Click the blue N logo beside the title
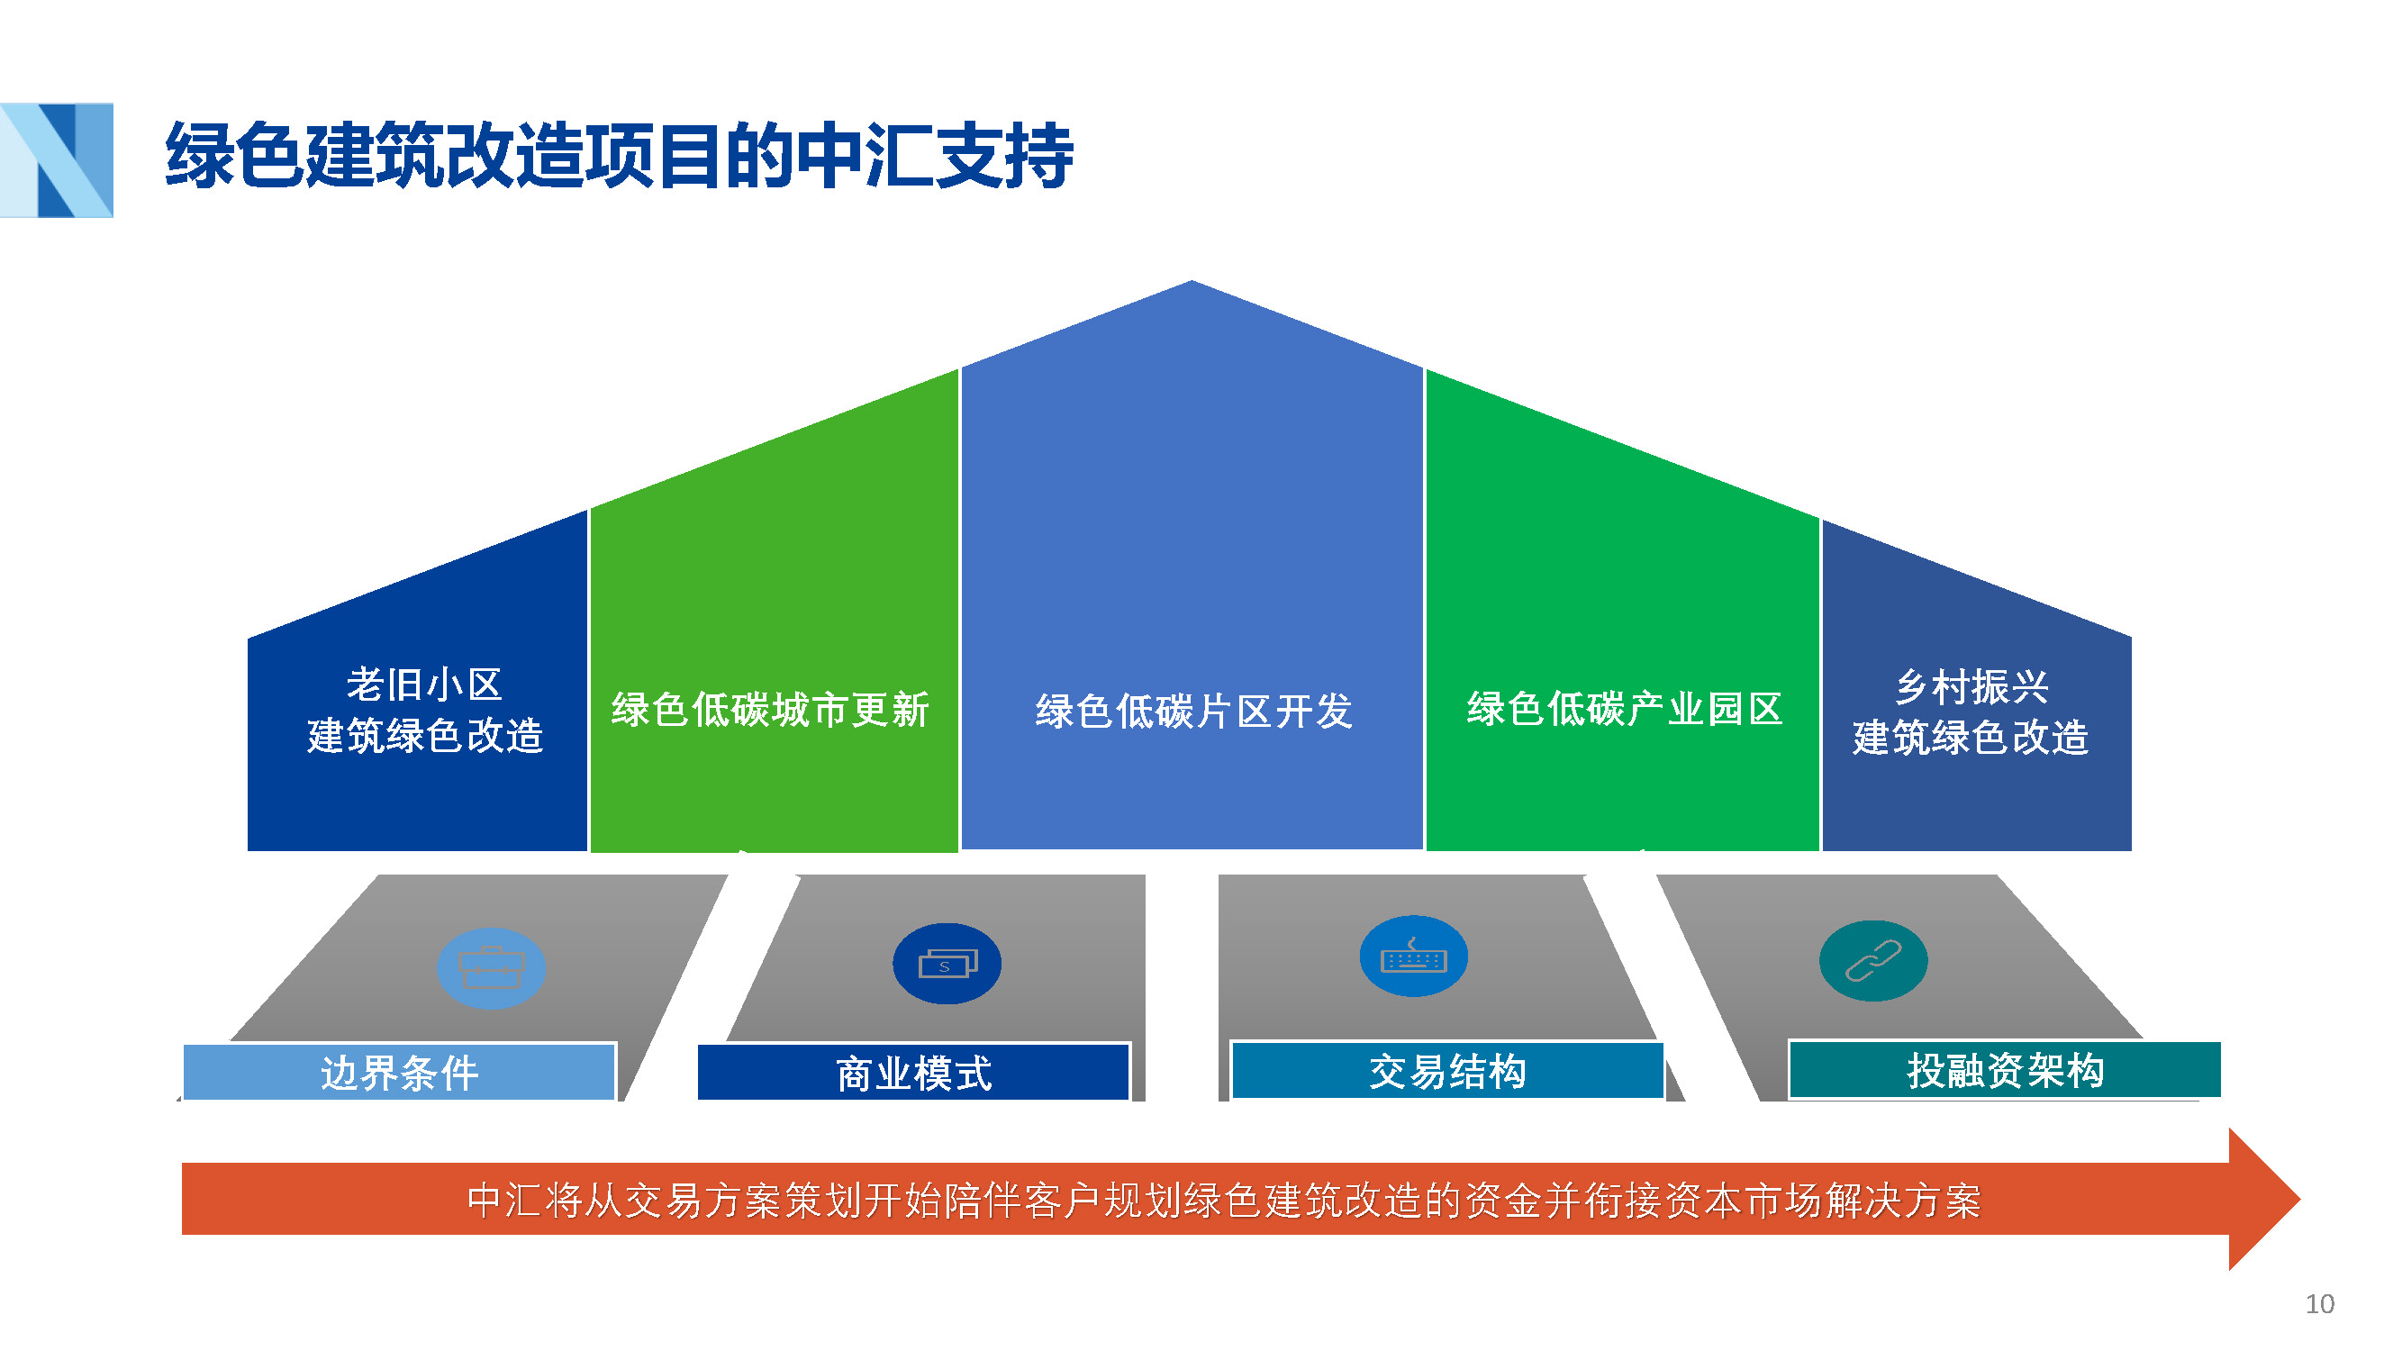point(58,159)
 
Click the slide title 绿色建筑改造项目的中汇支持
point(619,156)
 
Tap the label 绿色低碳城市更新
point(770,710)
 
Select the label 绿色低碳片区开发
point(1193,712)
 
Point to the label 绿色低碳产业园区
point(1625,709)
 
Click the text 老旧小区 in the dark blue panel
point(424,685)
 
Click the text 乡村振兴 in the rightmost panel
point(1972,688)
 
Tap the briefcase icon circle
point(491,969)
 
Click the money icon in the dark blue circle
point(947,964)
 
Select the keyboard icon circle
point(1413,957)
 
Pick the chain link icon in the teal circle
point(1872,961)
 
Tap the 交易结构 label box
point(1447,1071)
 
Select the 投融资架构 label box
point(2005,1070)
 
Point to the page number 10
point(2319,1303)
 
